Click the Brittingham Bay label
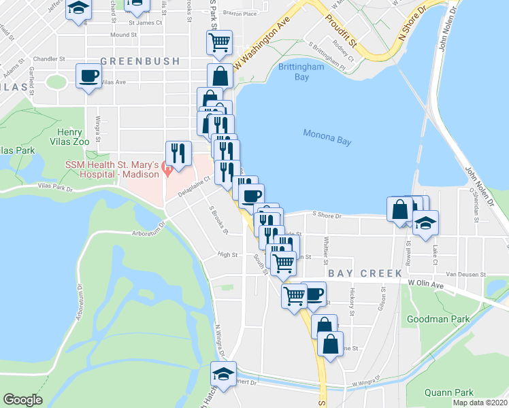(293, 71)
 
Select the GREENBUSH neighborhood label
(141, 61)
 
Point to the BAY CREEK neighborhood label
(365, 273)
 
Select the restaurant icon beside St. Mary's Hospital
(178, 153)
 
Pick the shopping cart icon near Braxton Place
(220, 43)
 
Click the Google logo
(22, 400)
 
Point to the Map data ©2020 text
(480, 403)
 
